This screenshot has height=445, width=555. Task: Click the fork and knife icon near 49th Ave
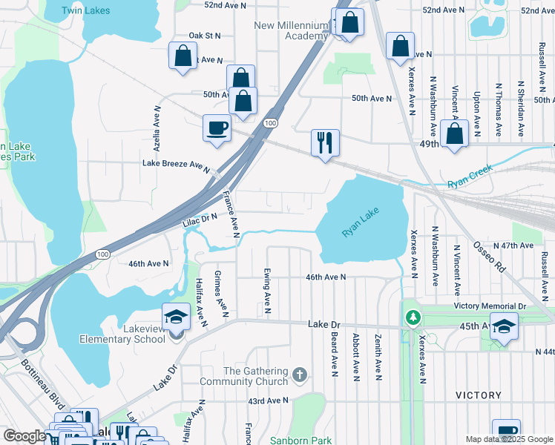point(324,142)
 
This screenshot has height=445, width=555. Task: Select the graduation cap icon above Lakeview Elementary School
point(176,317)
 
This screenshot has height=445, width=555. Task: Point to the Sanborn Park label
point(301,441)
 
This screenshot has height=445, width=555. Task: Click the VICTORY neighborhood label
point(479,395)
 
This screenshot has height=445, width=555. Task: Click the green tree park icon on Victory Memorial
point(413,317)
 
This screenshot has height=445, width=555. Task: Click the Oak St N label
point(205,35)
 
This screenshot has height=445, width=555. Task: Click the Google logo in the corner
point(24,436)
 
